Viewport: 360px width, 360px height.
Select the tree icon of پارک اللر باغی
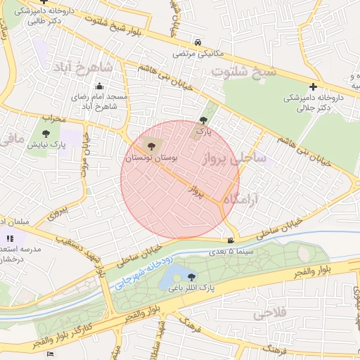pos(191,276)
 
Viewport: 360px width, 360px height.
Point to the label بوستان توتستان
pos(152,159)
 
